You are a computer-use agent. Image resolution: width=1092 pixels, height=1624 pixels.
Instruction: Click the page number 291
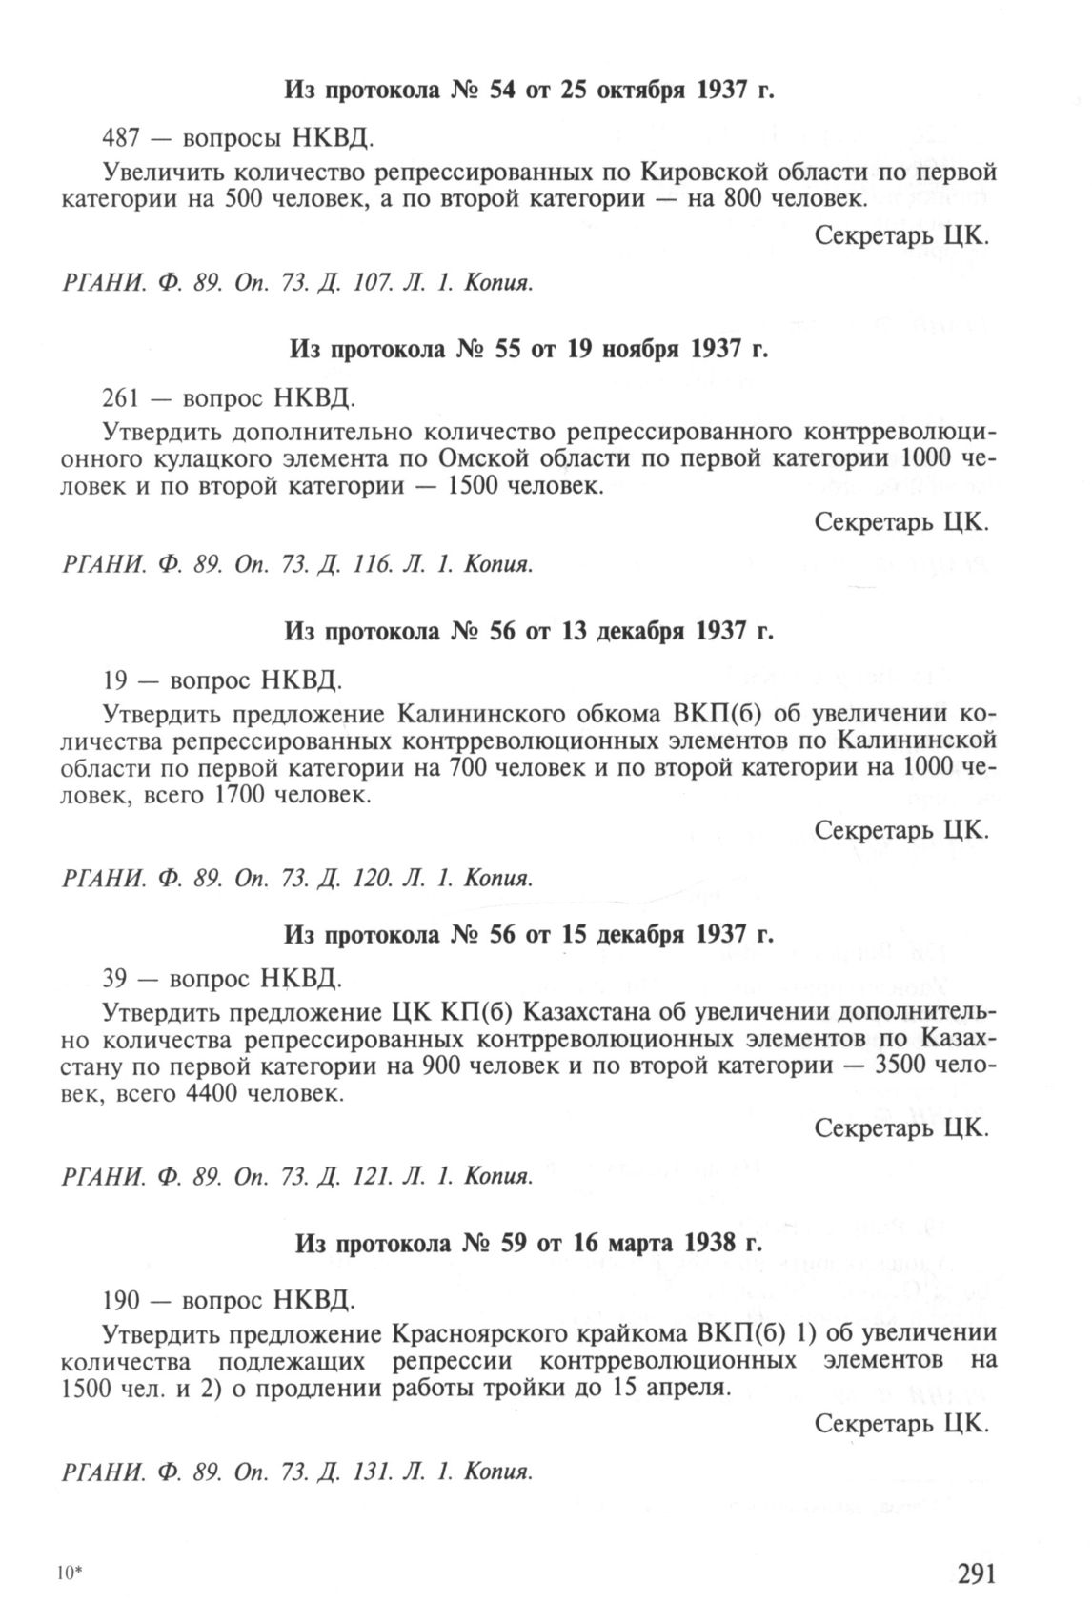click(x=968, y=1573)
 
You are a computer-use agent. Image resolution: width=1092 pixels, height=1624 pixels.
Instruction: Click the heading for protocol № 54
click(x=529, y=91)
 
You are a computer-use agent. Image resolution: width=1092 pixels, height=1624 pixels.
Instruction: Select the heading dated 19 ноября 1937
click(x=528, y=350)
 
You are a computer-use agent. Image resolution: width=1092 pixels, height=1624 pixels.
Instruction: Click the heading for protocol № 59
click(x=529, y=1244)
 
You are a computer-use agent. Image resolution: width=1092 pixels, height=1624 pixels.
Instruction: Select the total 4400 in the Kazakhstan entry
click(x=205, y=1094)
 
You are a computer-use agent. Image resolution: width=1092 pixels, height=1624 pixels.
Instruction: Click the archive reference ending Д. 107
click(x=296, y=283)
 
